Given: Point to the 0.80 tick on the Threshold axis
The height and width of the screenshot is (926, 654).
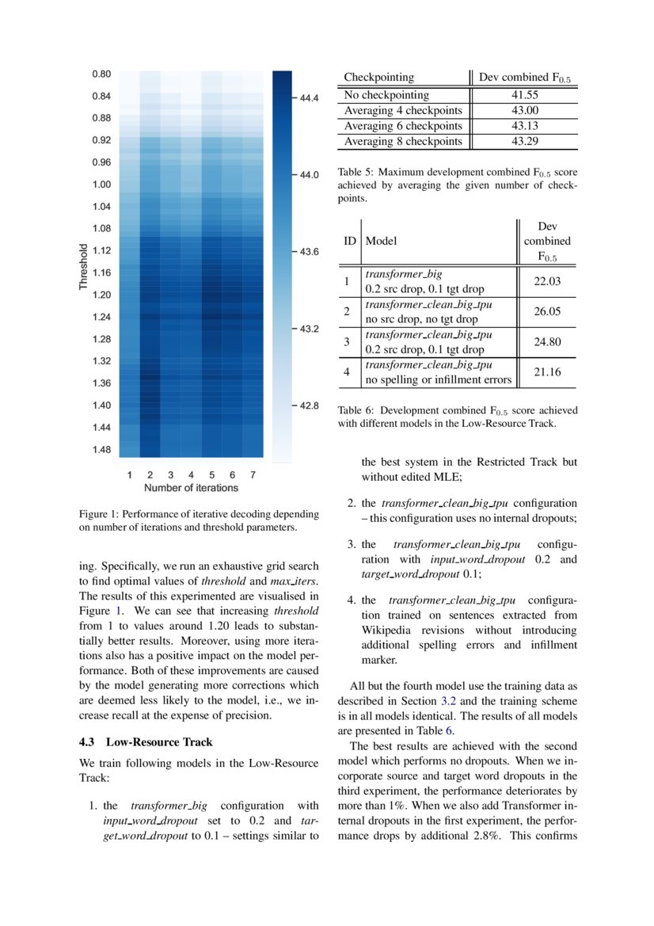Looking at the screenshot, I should pyautogui.click(x=101, y=74).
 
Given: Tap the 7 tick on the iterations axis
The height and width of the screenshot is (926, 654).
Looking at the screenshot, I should pyautogui.click(x=253, y=475).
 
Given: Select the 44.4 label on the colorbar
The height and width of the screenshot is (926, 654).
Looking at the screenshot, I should pyautogui.click(x=308, y=99).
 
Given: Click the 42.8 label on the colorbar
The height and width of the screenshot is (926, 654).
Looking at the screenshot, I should pyautogui.click(x=308, y=406).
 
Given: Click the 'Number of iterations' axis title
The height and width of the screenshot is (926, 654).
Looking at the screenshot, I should pyautogui.click(x=190, y=488).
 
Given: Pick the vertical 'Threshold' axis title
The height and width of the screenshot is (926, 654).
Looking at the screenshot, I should pyautogui.click(x=83, y=267).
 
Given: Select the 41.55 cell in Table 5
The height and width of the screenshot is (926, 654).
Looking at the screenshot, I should pyautogui.click(x=524, y=95).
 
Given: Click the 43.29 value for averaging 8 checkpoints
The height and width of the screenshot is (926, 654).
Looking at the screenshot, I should pyautogui.click(x=524, y=141).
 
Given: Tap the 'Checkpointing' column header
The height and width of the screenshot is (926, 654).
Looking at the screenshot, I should pyautogui.click(x=378, y=78).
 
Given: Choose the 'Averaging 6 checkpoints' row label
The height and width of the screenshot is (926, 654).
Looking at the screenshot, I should pyautogui.click(x=402, y=126).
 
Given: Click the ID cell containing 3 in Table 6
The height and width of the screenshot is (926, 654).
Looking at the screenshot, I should pyautogui.click(x=346, y=342).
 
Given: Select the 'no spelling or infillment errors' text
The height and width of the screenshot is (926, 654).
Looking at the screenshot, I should pyautogui.click(x=438, y=380).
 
